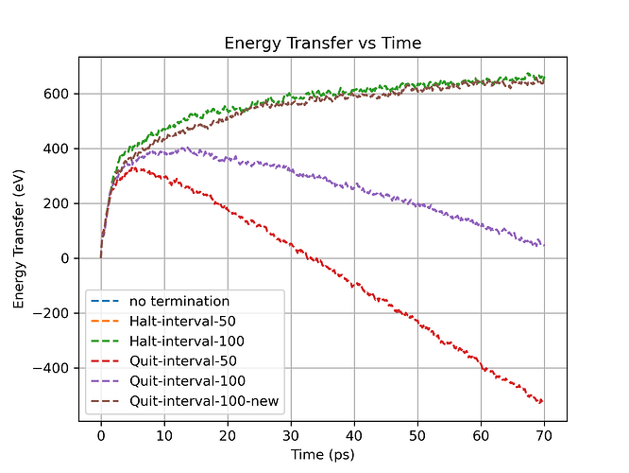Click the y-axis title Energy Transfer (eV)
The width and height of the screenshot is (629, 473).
19,240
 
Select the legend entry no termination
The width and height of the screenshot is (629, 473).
178,302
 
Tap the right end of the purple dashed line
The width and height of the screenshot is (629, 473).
544,245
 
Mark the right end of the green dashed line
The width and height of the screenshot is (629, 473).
544,78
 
